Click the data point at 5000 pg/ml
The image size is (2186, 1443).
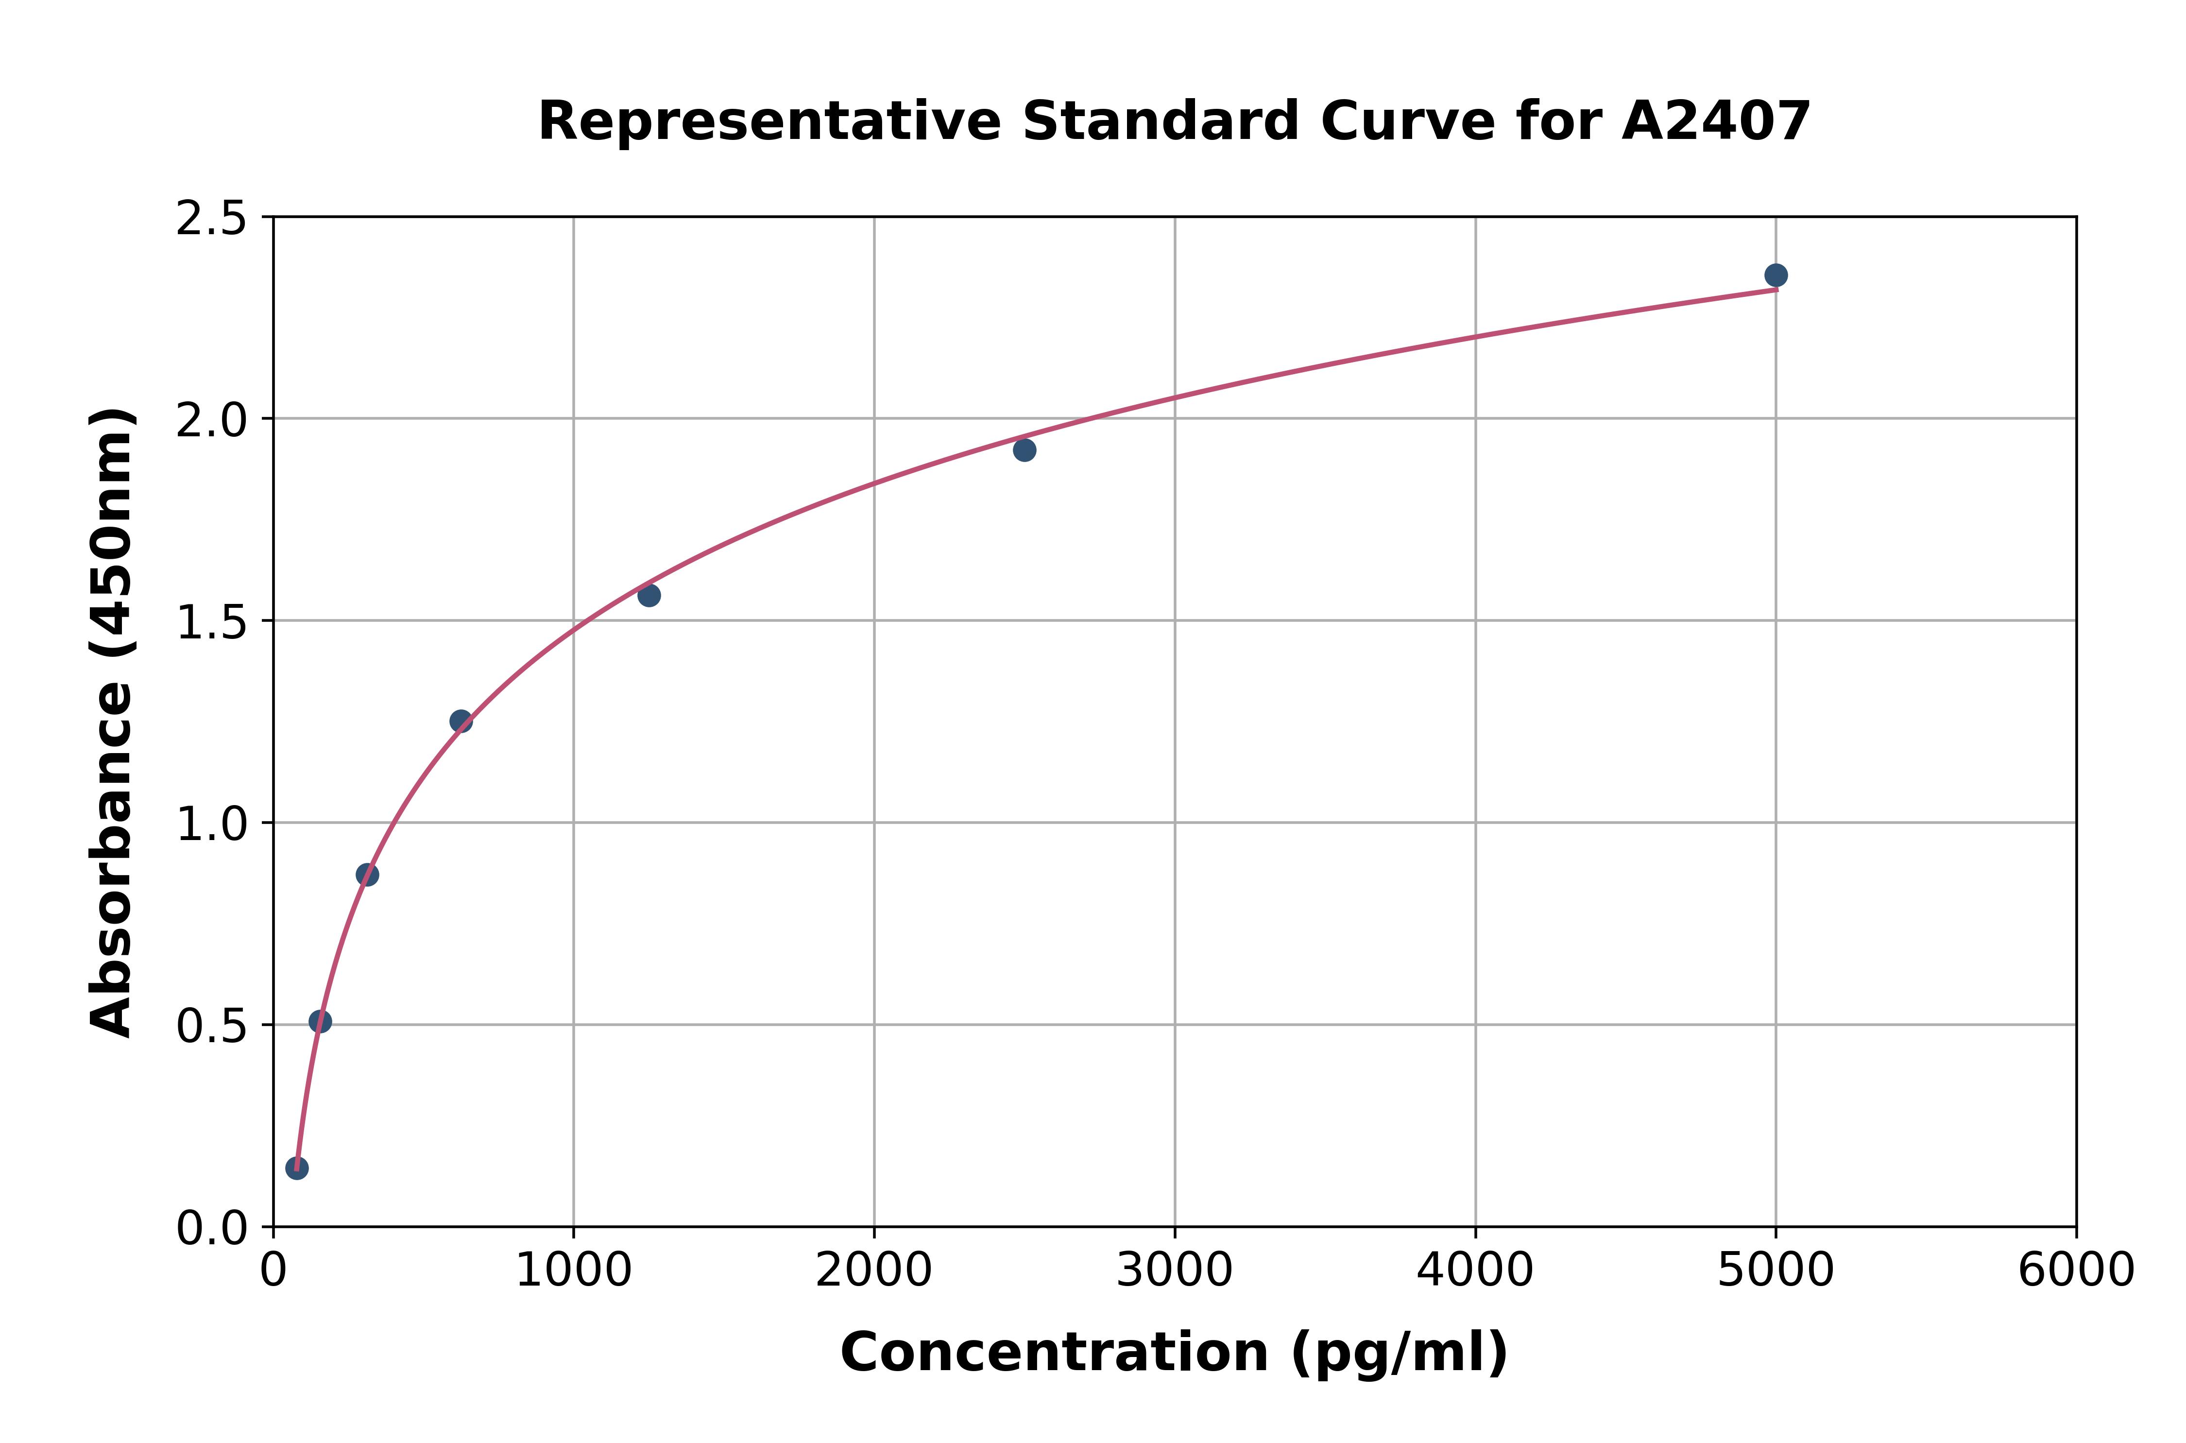point(1776,275)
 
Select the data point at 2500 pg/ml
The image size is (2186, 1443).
point(1024,450)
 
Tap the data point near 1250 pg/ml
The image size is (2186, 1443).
point(649,596)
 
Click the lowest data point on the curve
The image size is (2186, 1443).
point(296,1168)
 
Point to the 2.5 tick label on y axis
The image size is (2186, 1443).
point(212,219)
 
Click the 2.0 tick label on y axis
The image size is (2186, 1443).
point(212,421)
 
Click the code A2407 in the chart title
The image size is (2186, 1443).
point(1716,121)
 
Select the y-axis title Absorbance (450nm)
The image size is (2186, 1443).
point(112,722)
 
